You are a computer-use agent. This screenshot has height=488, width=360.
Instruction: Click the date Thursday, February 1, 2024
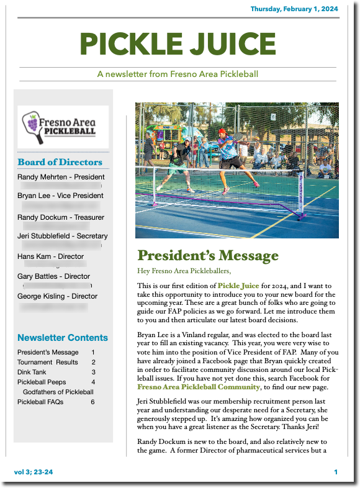294,9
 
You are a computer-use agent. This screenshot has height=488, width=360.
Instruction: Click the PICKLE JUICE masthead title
178,43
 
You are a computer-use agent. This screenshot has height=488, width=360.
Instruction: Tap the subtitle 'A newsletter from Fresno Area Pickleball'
178,74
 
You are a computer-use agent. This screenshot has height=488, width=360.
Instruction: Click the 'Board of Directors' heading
60,163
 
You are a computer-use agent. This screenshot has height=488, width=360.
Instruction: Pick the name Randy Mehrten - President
61,177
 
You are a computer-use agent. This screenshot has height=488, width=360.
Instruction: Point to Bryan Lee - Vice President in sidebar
60,196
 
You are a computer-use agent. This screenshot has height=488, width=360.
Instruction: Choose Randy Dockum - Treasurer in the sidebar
61,217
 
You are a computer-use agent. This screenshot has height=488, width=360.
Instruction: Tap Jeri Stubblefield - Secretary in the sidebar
63,236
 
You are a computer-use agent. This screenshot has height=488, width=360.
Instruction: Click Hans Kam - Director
50,256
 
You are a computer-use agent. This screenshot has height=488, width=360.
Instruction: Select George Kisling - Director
57,296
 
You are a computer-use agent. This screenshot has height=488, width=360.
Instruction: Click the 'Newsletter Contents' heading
63,338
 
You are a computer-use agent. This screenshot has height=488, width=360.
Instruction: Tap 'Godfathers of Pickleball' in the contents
58,392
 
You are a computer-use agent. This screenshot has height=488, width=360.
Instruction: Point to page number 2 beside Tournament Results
93,362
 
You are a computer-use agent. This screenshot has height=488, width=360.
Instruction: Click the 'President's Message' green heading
208,256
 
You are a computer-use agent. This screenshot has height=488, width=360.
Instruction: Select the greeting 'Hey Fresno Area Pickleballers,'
184,271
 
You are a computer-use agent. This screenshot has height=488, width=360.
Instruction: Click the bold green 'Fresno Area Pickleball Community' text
199,387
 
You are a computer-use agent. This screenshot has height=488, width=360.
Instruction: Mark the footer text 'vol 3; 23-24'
34,472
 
